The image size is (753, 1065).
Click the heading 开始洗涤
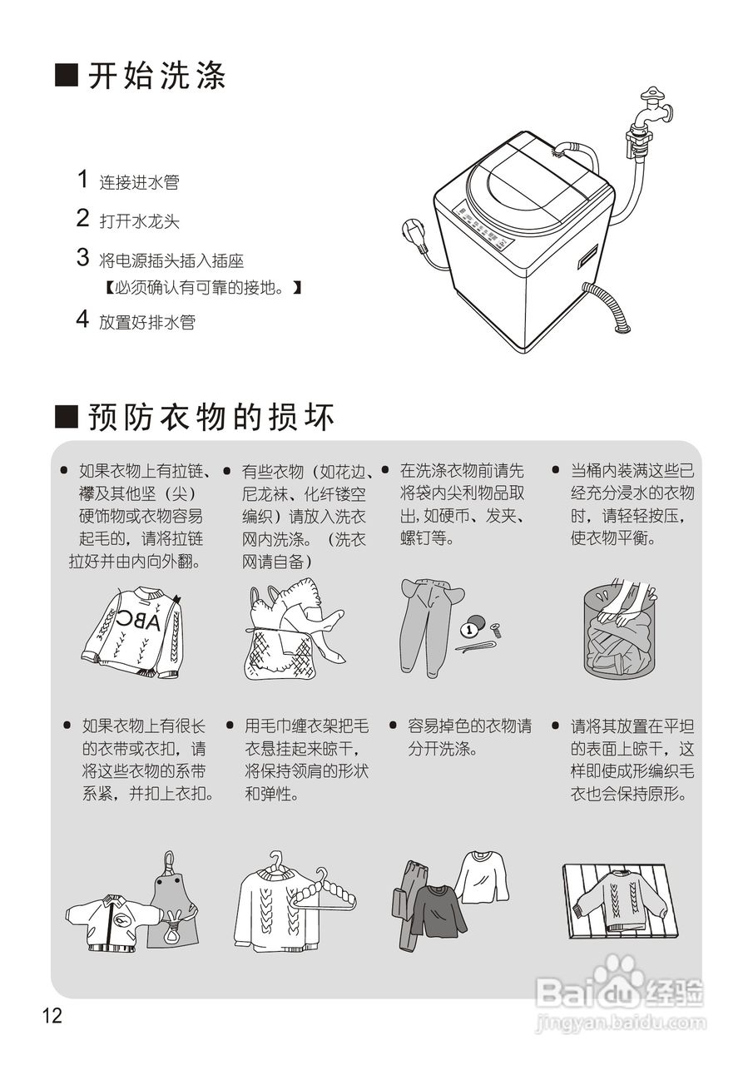(x=156, y=77)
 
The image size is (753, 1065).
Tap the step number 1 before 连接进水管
(x=82, y=179)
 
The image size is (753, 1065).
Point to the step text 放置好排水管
(x=147, y=322)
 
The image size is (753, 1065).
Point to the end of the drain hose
(x=621, y=327)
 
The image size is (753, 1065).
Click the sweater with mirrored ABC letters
(x=133, y=632)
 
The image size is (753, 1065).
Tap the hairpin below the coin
(x=474, y=646)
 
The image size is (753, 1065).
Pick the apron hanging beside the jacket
(x=172, y=907)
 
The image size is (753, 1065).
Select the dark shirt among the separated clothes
(x=438, y=910)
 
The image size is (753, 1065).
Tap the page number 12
(x=52, y=1016)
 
